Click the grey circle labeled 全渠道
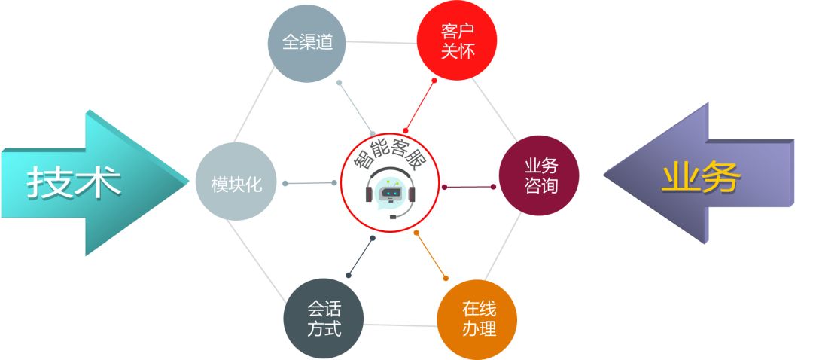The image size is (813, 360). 307,43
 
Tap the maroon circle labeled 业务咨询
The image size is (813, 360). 540,176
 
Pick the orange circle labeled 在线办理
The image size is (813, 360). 477,319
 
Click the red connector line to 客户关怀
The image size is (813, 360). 420,105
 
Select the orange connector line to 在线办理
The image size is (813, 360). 431,256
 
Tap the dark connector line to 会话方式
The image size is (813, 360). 360,257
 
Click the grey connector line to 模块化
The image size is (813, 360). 309,183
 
